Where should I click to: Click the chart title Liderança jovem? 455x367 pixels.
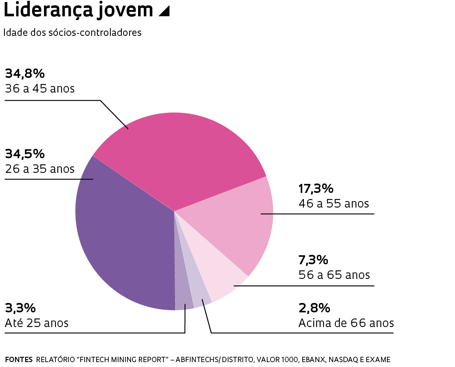tap(78, 11)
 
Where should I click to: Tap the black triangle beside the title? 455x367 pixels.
tap(164, 12)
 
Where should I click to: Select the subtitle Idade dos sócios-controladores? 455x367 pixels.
tap(73, 33)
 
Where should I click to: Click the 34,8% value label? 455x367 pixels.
tap(24, 73)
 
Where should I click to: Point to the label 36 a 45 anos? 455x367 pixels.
tap(40, 88)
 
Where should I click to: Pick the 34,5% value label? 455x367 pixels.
tap(24, 154)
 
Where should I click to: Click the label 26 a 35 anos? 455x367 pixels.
tap(40, 168)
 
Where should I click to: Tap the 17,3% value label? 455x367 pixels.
tap(316, 188)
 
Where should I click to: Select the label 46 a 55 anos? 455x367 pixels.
tap(334, 203)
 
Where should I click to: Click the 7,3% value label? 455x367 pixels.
tap(313, 259)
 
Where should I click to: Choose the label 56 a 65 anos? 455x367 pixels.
tap(334, 274)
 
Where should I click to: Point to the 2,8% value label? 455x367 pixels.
tap(314, 307)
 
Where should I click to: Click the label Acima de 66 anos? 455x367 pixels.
tap(346, 323)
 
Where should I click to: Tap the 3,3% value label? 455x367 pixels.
tap(20, 307)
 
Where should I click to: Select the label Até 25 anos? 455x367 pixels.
tap(37, 323)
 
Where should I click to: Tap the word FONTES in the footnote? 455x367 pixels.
tap(19, 360)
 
